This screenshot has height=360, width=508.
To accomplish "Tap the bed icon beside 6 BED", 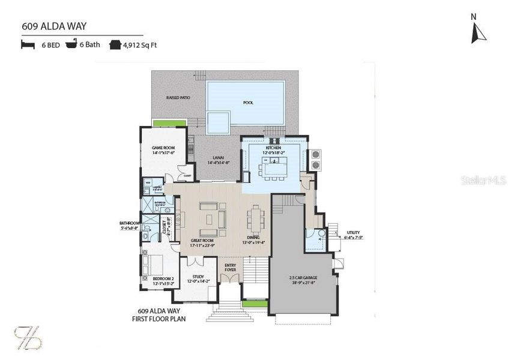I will pyautogui.click(x=28, y=45).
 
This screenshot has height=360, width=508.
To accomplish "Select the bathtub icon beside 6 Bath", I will pyautogui.click(x=71, y=44).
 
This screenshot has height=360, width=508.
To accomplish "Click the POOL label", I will pyautogui.click(x=248, y=103).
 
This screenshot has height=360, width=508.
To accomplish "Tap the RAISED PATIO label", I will pyautogui.click(x=178, y=97).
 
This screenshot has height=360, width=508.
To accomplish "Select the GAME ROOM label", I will pyautogui.click(x=163, y=148).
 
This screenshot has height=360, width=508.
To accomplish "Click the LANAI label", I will pyautogui.click(x=218, y=157).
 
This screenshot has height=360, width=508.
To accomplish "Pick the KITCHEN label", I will pyautogui.click(x=274, y=147).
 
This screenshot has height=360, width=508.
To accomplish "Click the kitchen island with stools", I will pyautogui.click(x=276, y=170).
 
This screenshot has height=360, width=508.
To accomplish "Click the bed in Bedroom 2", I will pyautogui.click(x=155, y=263).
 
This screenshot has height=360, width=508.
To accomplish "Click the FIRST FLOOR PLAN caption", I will pyautogui.click(x=159, y=319).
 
